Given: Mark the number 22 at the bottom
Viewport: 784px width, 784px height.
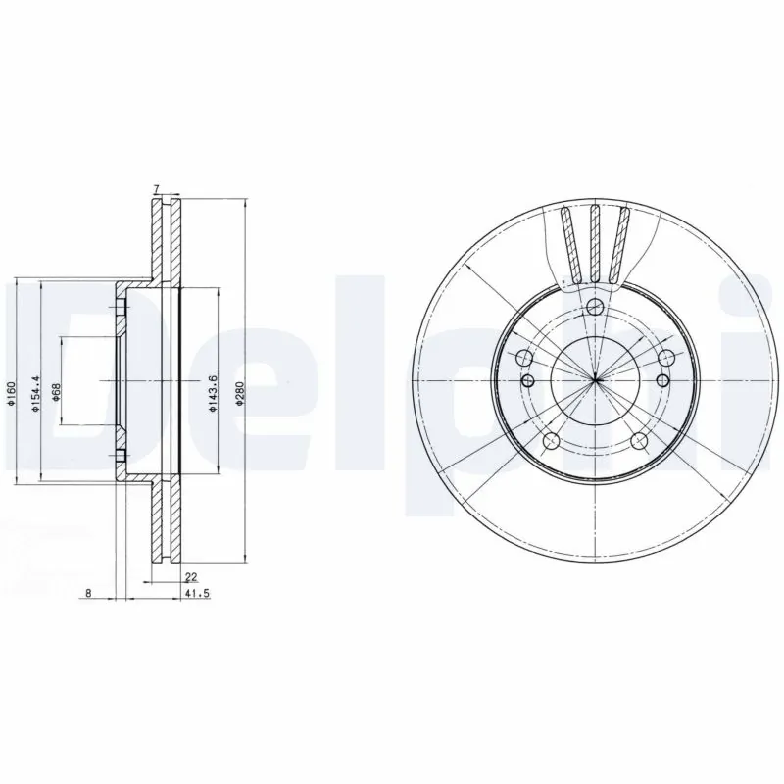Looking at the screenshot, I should tap(191, 578).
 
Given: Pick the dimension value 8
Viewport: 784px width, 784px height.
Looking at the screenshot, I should tap(89, 594).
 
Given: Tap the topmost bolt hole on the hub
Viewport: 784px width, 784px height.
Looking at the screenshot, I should tap(595, 308).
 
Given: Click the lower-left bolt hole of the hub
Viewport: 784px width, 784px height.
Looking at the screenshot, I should tap(552, 440).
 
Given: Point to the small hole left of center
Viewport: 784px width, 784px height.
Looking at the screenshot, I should tap(527, 379).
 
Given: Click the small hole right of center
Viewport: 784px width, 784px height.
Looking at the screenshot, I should tap(663, 379).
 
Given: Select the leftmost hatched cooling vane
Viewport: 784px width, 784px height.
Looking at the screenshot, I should tap(568, 245).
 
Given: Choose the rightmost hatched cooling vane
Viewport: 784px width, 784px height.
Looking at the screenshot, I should tap(620, 245).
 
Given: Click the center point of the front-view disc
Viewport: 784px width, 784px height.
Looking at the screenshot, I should tap(595, 379).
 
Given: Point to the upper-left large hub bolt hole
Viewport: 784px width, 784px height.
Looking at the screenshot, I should tap(524, 357).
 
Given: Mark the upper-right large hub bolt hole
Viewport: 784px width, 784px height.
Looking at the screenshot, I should tap(666, 357).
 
